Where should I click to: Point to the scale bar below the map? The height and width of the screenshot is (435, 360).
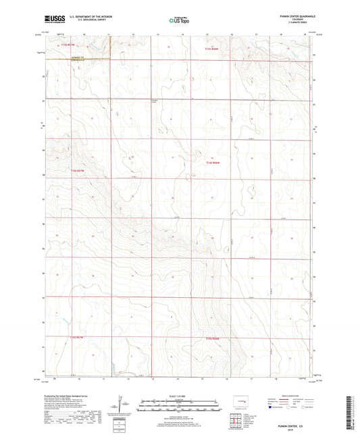pyautogui.click(x=179, y=406)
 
